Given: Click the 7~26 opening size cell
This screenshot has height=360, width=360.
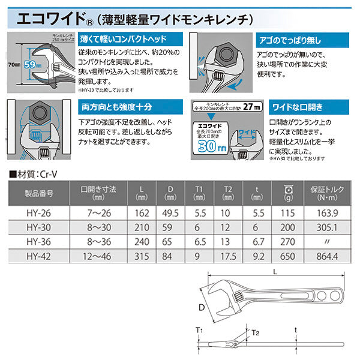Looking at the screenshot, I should [x=100, y=212].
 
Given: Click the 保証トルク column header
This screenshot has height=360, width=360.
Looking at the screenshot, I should [x=328, y=193].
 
